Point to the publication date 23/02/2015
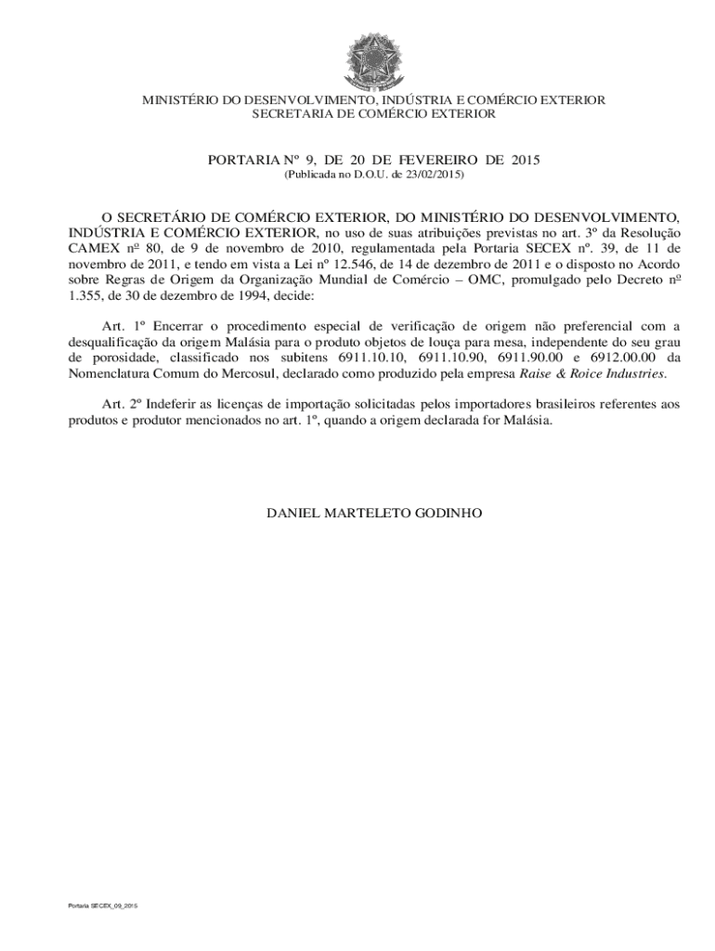(434, 175)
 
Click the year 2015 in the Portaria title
(523, 160)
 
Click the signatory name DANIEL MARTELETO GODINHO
(373, 513)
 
